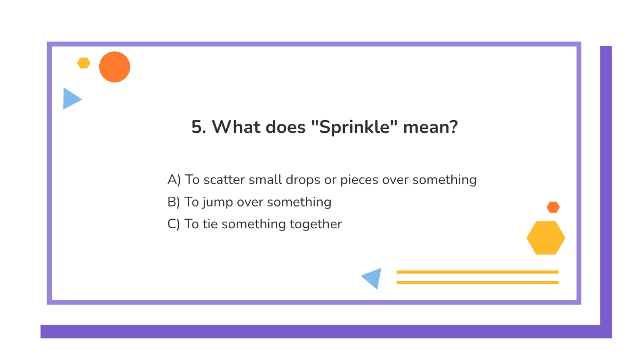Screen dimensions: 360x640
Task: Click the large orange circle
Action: coord(115,67)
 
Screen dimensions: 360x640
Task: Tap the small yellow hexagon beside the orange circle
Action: coord(84,63)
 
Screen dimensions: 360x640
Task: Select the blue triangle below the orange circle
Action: coord(70,99)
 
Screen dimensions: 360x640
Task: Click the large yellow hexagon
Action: coord(546,238)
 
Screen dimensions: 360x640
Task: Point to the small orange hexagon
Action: coord(553,207)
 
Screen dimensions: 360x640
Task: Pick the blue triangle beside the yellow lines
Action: coord(373,278)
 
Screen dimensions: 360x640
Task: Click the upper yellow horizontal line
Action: coord(477,272)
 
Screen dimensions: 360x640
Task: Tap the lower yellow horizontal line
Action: coord(477,282)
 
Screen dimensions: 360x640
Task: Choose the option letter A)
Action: coord(174,180)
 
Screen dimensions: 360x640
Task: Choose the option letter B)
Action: coord(174,202)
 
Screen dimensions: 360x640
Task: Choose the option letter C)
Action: coord(174,224)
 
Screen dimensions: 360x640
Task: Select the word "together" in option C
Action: coord(316,224)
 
